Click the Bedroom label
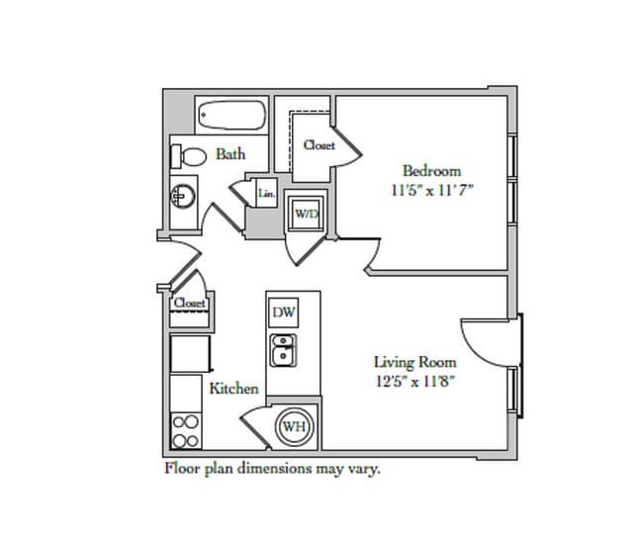(x=432, y=170)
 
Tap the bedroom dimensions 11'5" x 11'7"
(x=432, y=191)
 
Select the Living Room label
(x=415, y=362)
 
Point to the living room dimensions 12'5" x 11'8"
(x=415, y=382)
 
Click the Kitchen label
(x=234, y=389)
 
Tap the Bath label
(x=230, y=154)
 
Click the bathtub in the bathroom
(x=231, y=116)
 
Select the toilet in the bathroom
(x=189, y=156)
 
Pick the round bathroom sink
(x=183, y=196)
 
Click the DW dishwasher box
(x=284, y=312)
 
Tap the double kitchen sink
(x=283, y=350)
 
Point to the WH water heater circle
(x=295, y=427)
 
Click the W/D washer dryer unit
(x=306, y=214)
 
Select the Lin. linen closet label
(x=266, y=193)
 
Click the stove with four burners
(x=186, y=430)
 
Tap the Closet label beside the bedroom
(x=320, y=144)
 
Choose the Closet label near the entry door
(x=189, y=303)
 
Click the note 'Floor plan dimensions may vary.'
(x=272, y=468)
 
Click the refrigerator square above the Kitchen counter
(x=190, y=354)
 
